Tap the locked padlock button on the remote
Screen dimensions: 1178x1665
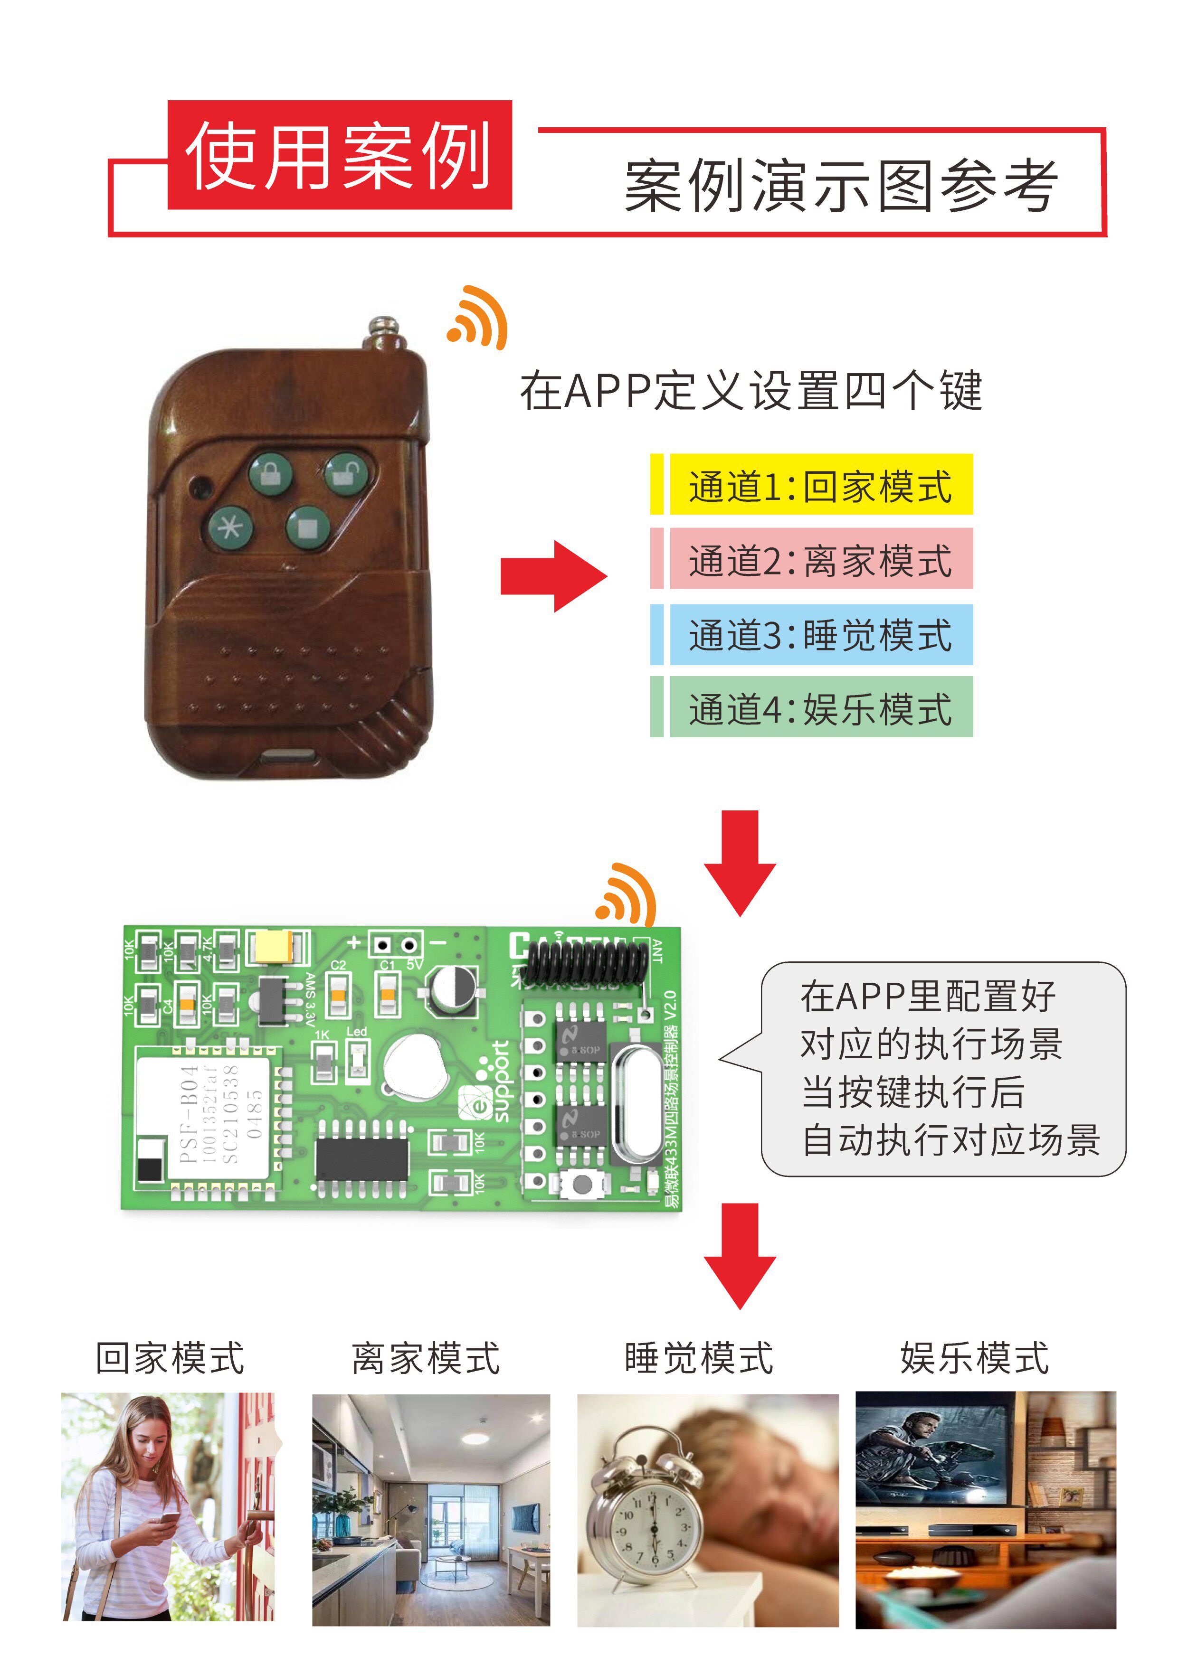click(x=271, y=473)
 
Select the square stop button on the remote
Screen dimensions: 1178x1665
click(x=307, y=527)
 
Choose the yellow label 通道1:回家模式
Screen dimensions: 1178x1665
click(x=820, y=485)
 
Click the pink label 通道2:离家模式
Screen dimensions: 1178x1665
click(x=820, y=559)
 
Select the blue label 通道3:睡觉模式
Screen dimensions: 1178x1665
click(x=820, y=635)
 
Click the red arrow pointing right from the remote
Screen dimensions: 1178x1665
click(x=553, y=576)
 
